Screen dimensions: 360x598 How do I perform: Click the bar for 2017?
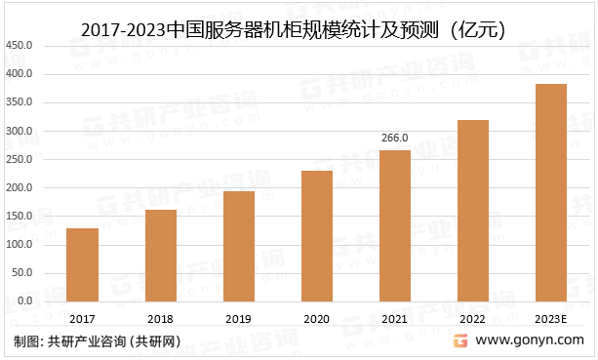pos(82,264)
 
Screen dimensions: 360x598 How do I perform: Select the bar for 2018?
pos(160,255)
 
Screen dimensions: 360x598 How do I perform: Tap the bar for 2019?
pos(238,246)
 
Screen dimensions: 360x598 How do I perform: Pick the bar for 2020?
pos(316,236)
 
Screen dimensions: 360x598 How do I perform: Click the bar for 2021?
pos(394,225)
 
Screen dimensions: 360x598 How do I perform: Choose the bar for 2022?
pos(472,210)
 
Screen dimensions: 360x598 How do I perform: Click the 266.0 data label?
pos(394,139)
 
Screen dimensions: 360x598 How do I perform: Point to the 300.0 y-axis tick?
pos(20,131)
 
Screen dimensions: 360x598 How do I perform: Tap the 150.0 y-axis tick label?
pos(20,216)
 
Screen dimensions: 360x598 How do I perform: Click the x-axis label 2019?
pos(238,319)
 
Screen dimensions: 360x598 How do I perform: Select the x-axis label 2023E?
pos(550,319)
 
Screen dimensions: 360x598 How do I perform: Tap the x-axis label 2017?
pos(82,319)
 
